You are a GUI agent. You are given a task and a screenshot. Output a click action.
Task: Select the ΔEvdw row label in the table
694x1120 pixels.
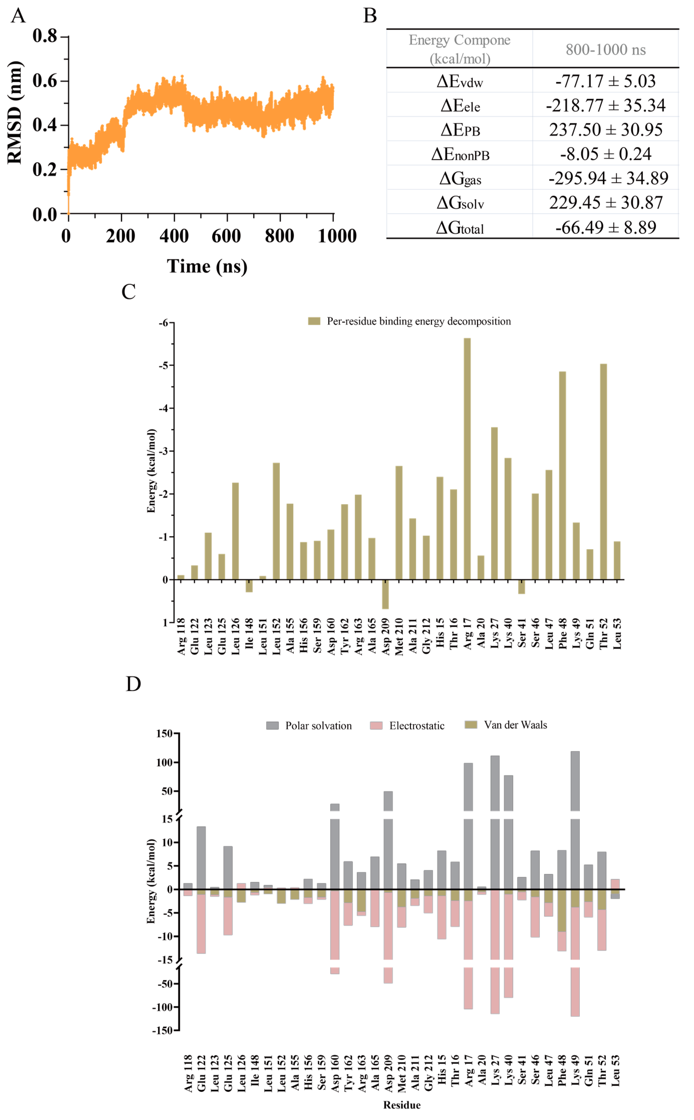[x=460, y=81]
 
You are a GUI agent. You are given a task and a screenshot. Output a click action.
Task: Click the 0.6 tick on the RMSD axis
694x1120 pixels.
[x=45, y=81]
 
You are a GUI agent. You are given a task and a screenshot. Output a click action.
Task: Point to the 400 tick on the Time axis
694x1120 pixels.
[x=174, y=236]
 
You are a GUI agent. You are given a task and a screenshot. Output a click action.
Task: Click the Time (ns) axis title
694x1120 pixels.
[x=207, y=266]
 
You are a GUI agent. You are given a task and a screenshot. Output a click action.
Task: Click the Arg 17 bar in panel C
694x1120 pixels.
[x=467, y=459]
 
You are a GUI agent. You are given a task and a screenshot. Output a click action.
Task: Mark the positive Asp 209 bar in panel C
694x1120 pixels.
[x=385, y=594]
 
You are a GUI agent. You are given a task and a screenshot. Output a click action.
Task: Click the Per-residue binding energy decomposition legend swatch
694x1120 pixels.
[x=314, y=321]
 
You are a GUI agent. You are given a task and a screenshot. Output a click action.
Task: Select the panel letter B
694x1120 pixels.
[x=370, y=16]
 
